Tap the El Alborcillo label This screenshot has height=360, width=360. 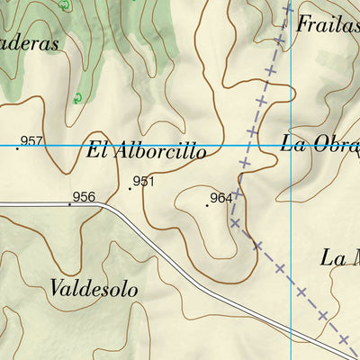146,151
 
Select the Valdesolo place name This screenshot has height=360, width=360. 94,289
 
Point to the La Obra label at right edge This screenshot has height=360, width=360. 320,143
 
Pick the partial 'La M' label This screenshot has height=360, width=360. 340,258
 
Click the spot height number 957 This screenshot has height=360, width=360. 32,140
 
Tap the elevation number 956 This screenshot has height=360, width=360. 84,196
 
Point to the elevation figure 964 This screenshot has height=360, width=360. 221,198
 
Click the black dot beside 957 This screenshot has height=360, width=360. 17,148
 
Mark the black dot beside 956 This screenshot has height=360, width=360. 69,203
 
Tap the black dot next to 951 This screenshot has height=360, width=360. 130,189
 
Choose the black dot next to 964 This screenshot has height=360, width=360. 207,205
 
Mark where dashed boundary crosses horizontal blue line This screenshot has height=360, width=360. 249,145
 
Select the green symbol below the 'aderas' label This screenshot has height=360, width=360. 77,97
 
